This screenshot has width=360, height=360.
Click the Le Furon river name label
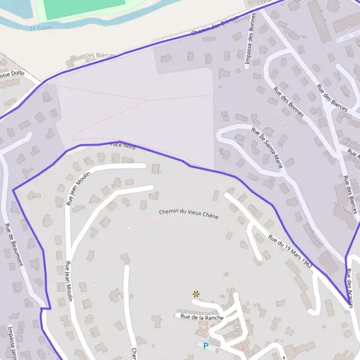(41, 28)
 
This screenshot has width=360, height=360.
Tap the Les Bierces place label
(100, 55)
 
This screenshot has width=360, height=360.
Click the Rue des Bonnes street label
(289, 102)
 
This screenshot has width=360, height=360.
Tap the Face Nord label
(122, 146)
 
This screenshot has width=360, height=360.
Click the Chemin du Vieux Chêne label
(188, 213)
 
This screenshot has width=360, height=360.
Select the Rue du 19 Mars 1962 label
(290, 250)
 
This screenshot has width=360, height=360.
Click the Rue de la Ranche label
(202, 317)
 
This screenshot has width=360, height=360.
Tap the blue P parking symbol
(206, 346)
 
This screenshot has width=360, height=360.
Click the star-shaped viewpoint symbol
(196, 293)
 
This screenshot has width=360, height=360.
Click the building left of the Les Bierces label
(75, 60)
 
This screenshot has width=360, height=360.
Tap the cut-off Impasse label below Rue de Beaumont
(12, 342)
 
